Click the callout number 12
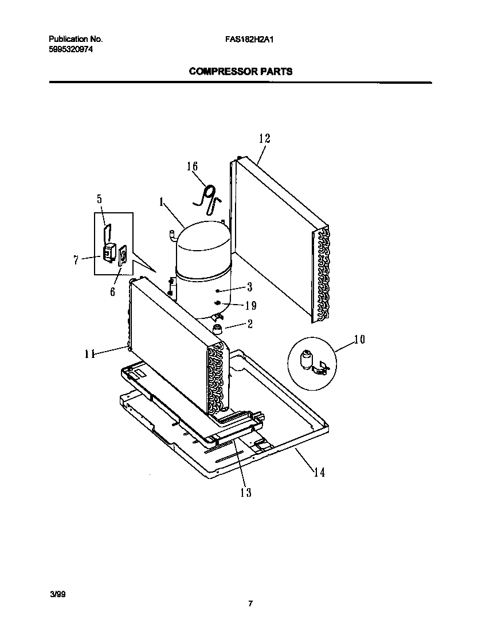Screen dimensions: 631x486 tap(264, 138)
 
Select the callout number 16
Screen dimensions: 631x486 tap(192, 166)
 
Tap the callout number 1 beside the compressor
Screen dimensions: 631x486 tap(162, 202)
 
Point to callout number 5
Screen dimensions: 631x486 tap(99, 200)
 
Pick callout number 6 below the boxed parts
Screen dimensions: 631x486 tap(112, 292)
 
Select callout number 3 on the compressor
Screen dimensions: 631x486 tap(249, 287)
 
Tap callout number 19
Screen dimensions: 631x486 tap(250, 306)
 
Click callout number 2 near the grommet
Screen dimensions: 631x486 tap(250, 324)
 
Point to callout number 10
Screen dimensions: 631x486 tap(359, 340)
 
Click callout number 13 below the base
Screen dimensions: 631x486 tap(245, 492)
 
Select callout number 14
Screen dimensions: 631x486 tap(319, 472)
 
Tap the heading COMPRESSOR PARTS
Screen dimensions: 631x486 tap(241, 72)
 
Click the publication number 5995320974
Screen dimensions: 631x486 tap(70, 49)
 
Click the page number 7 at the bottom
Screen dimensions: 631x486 tap(250, 603)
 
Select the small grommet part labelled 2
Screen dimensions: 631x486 tap(218, 329)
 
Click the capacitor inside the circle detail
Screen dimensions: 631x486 tap(308, 361)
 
